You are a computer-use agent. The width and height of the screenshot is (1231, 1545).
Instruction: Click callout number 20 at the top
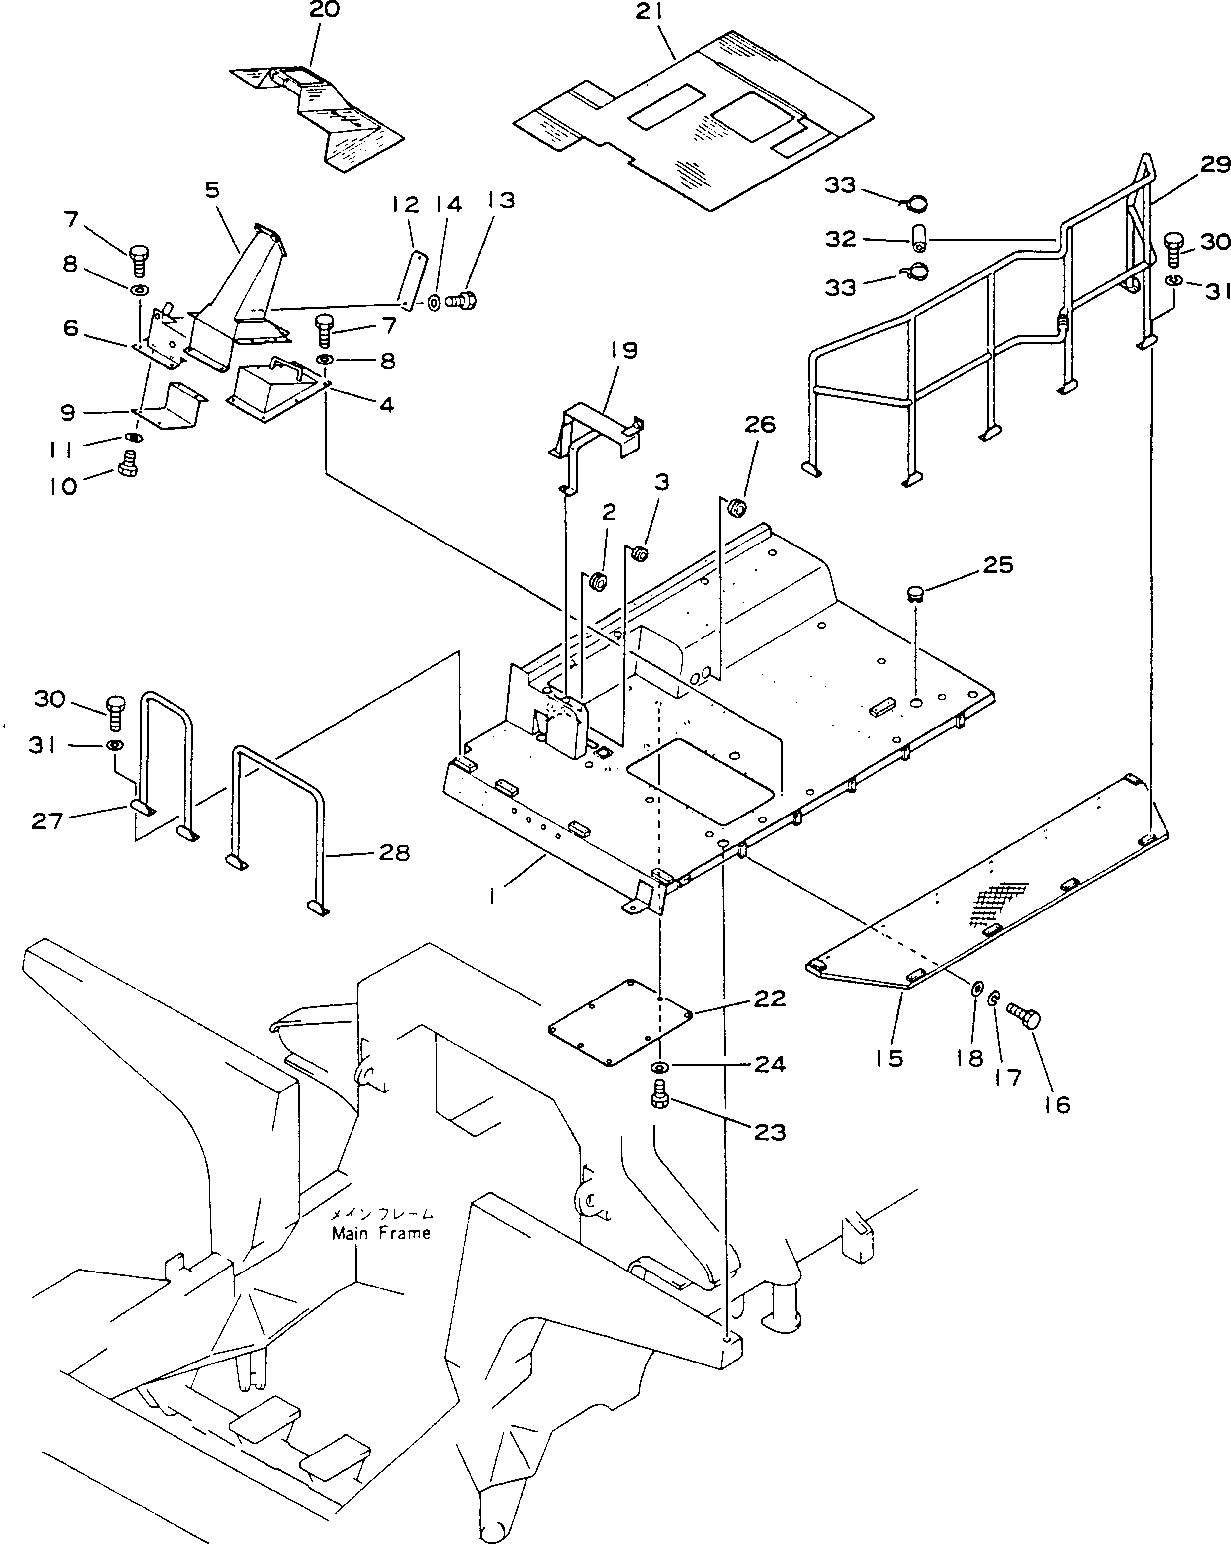point(324,10)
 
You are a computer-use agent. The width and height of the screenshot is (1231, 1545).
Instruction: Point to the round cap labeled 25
point(916,592)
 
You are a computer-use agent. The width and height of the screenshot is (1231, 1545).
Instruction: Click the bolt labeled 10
point(128,462)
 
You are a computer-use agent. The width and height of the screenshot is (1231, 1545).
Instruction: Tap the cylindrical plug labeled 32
point(919,239)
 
